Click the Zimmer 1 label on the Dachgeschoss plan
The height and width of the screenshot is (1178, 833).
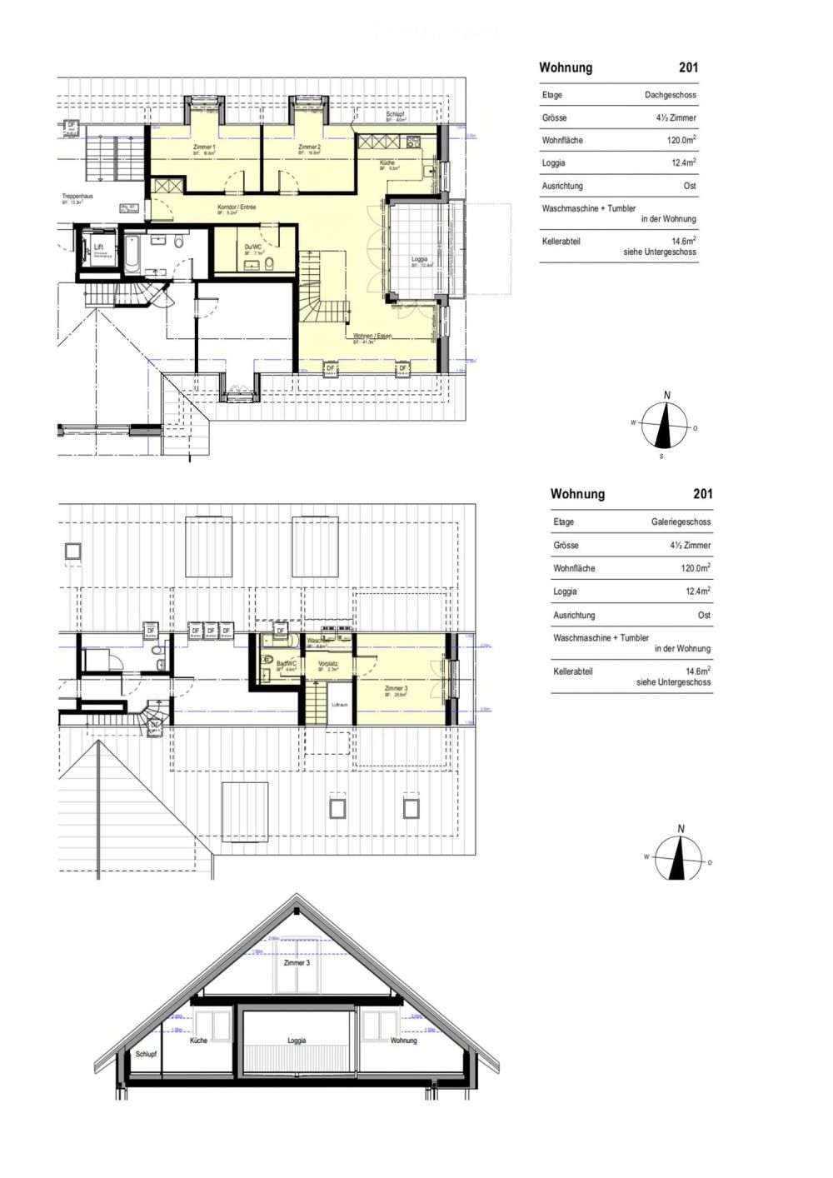(204, 147)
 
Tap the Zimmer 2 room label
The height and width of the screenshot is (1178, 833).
(309, 147)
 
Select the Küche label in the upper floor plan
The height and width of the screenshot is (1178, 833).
(387, 162)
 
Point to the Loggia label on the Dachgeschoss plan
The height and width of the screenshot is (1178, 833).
(419, 259)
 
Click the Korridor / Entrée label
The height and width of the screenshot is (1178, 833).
(237, 207)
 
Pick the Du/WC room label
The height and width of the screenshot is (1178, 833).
(253, 247)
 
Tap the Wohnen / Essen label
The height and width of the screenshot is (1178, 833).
(372, 336)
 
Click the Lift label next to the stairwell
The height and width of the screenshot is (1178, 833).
(98, 247)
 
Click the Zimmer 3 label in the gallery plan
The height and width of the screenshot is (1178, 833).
(396, 689)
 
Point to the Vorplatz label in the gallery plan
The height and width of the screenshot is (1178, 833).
(327, 663)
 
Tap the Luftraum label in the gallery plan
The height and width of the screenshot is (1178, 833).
(339, 705)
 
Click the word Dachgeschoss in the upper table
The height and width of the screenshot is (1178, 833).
(670, 95)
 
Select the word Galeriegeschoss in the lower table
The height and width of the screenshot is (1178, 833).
(681, 522)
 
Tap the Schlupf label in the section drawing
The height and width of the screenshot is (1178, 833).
(146, 1054)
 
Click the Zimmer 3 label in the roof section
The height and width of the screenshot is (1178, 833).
(297, 963)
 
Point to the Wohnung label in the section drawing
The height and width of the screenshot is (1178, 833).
(403, 1041)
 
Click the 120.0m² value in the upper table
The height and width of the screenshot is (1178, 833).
(681, 140)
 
